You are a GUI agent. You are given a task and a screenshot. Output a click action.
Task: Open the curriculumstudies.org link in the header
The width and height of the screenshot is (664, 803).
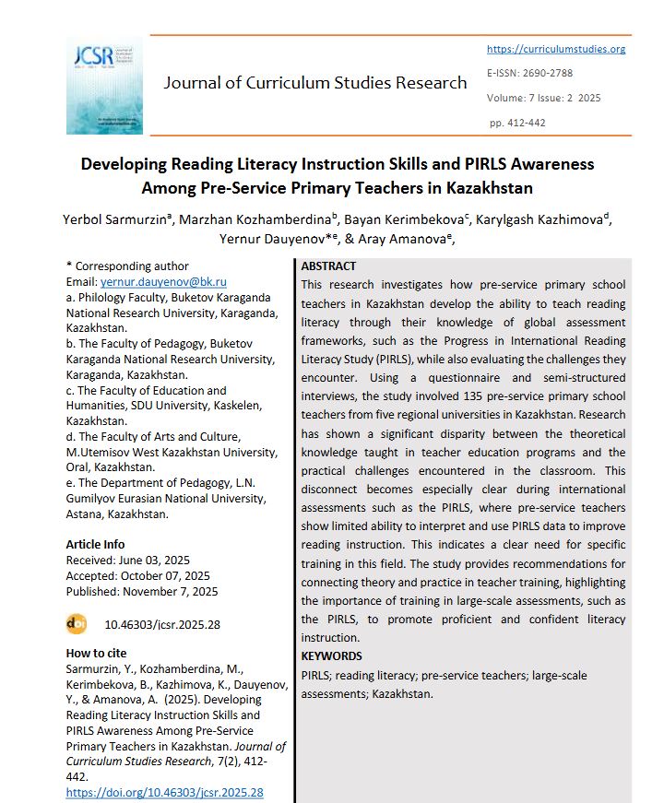tap(555, 49)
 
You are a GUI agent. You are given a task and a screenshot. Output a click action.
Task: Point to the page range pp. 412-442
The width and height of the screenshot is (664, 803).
tap(517, 123)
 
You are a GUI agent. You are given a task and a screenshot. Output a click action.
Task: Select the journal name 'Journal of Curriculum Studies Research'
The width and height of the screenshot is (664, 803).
tap(315, 83)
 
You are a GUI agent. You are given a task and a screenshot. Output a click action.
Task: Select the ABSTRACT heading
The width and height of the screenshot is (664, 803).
tap(328, 266)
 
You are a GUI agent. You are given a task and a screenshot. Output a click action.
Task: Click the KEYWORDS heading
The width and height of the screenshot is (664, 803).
tap(331, 656)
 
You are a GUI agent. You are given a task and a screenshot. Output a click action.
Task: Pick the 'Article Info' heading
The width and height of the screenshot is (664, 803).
tap(95, 544)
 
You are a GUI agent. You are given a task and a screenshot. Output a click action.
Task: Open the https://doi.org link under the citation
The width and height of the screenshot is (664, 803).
tap(165, 792)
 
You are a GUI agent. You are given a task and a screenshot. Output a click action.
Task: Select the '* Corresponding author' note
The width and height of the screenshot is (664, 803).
tap(127, 266)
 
